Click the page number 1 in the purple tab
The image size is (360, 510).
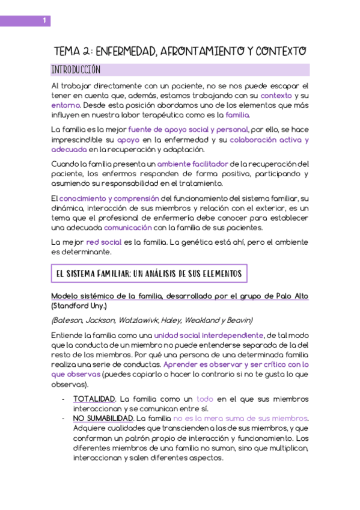44,21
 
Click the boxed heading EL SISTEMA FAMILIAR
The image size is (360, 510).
148,274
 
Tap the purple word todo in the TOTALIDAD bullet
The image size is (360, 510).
205,399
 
